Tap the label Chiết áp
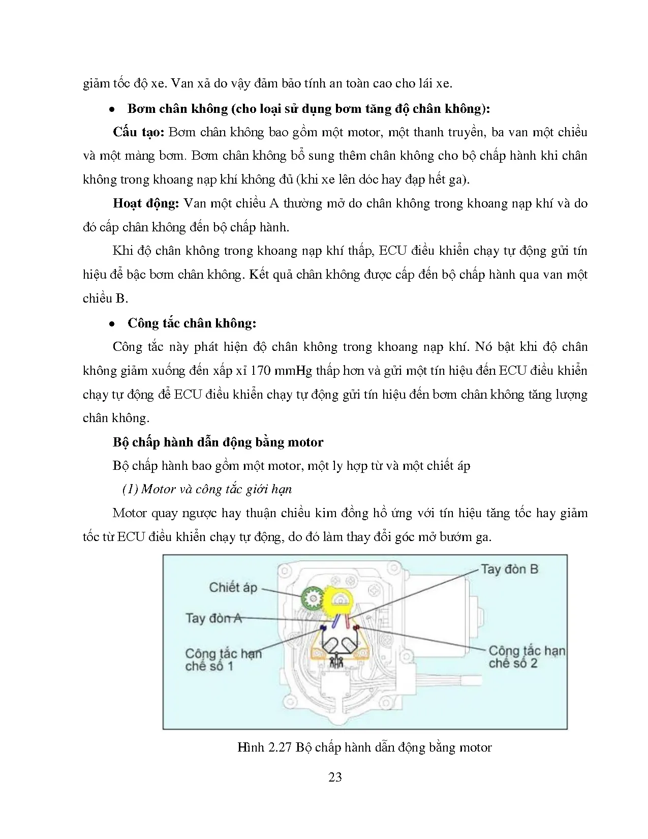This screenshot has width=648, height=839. coord(233,587)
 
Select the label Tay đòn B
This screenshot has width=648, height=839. coord(509,569)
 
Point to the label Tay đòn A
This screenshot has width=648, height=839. coord(213,618)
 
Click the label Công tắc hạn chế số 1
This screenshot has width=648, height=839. coord(223,660)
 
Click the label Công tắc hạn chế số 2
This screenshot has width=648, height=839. coord(526,657)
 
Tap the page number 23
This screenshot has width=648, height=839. coord(335,777)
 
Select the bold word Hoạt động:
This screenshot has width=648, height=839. coord(146,203)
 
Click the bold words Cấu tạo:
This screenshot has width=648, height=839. coord(138,132)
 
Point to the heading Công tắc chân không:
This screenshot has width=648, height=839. coord(192,323)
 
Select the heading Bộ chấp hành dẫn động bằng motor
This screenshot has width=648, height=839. coord(218,442)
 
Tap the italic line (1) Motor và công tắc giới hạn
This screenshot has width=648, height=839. coord(207,489)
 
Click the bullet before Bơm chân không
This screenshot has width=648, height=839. coord(111,110)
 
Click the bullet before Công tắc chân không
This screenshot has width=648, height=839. coord(111,324)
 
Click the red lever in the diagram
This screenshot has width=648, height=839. coord(347,620)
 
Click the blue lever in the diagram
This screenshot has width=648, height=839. coord(335,621)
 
